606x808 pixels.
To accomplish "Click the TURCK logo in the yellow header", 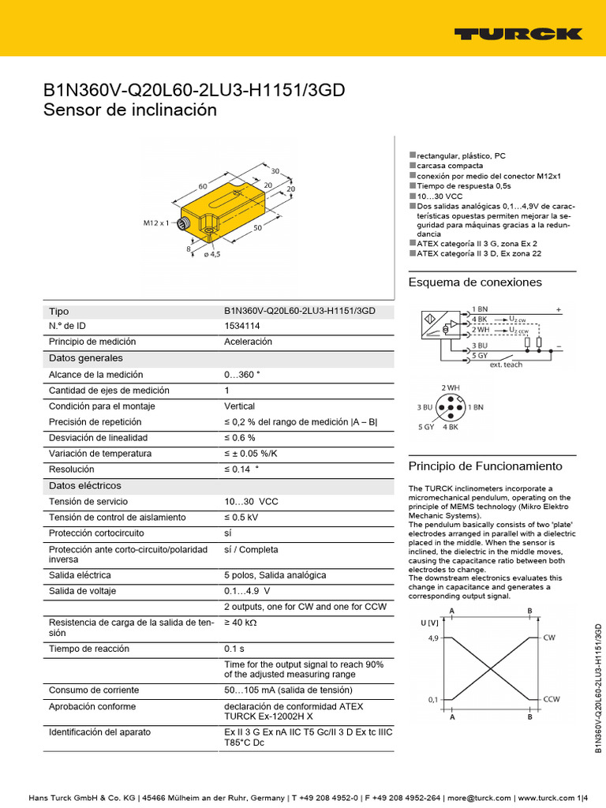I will click(518, 34).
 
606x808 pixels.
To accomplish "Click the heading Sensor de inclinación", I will click(129, 110).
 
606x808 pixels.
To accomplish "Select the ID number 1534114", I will click(241, 326).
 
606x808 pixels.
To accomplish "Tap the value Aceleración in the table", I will click(248, 342).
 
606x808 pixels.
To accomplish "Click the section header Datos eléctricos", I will click(85, 485).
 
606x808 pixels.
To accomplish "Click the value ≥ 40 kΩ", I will click(242, 623).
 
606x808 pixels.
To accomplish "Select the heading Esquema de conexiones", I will click(475, 282).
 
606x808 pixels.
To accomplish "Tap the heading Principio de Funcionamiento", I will click(484, 466).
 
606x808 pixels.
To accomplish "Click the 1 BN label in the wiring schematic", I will click(480, 309).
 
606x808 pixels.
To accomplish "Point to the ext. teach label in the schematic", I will click(506, 365).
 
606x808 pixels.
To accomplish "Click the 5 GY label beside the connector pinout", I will click(425, 427).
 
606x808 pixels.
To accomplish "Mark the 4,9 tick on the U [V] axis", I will click(433, 638).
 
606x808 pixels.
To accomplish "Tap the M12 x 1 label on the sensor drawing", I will click(156, 223).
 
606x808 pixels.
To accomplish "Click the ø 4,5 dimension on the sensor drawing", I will click(211, 253).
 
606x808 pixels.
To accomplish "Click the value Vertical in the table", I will click(239, 406).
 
